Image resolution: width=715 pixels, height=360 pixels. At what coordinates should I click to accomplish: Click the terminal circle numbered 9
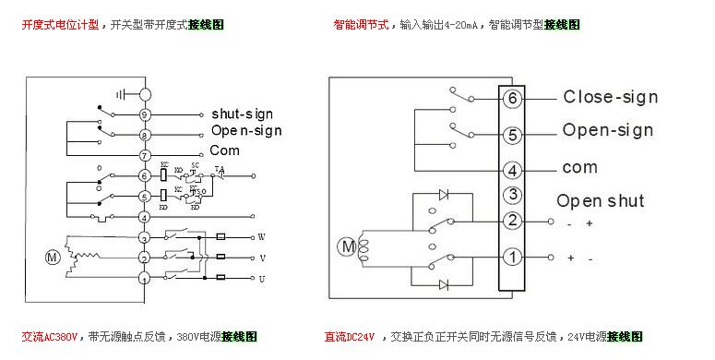pyautogui.click(x=145, y=114)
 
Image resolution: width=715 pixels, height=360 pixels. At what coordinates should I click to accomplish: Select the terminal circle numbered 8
pyautogui.click(x=145, y=136)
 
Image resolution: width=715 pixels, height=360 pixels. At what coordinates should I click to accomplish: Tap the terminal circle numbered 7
pyautogui.click(x=145, y=156)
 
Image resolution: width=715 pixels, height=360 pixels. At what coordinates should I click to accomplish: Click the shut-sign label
pyautogui.click(x=242, y=114)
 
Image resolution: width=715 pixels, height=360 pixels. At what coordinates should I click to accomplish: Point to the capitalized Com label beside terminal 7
pyautogui.click(x=224, y=150)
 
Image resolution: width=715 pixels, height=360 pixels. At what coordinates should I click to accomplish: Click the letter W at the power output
pyautogui.click(x=261, y=236)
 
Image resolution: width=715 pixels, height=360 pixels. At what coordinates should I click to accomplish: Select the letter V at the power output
pyautogui.click(x=261, y=258)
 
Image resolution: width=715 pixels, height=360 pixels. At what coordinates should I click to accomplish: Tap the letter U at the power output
pyautogui.click(x=261, y=277)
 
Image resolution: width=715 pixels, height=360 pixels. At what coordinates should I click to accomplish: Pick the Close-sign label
pyautogui.click(x=610, y=97)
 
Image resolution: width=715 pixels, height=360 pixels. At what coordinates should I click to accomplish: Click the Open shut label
pyautogui.click(x=600, y=200)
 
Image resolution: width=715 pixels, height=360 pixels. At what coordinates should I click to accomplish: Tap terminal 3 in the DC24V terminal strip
pyautogui.click(x=513, y=195)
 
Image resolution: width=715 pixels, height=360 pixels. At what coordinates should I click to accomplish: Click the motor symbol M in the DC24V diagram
pyautogui.click(x=347, y=246)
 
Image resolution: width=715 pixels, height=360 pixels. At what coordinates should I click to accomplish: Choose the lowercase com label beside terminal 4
pyautogui.click(x=579, y=168)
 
